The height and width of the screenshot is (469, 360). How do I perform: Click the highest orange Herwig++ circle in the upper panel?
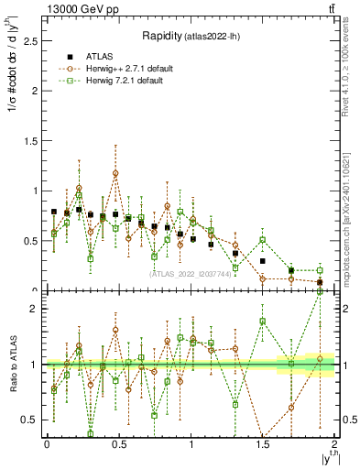(115, 173)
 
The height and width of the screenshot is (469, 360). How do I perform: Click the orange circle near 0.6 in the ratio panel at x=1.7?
(290, 408)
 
